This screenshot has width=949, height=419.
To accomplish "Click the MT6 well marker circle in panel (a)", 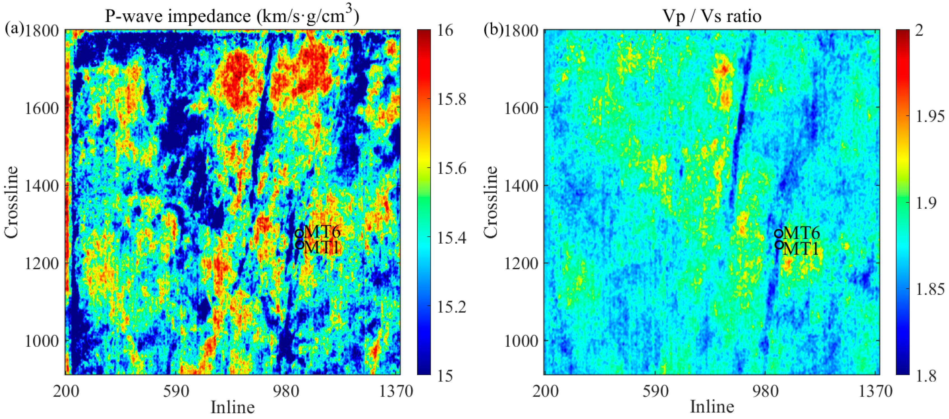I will pyautogui.click(x=299, y=233).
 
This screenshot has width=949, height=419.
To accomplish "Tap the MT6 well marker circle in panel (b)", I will pyautogui.click(x=778, y=233).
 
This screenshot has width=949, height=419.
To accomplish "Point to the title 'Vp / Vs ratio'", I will pyautogui.click(x=712, y=16).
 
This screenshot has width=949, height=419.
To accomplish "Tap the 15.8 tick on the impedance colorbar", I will pyautogui.click(x=451, y=99).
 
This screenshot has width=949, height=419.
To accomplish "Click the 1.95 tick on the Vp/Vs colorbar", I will pyautogui.click(x=930, y=117).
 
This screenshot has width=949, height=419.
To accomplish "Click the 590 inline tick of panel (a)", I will pyautogui.click(x=176, y=391).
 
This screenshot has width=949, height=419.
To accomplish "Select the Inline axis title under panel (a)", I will pyautogui.click(x=232, y=407).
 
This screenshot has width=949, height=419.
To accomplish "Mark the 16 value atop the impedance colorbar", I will pyautogui.click(x=446, y=30).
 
